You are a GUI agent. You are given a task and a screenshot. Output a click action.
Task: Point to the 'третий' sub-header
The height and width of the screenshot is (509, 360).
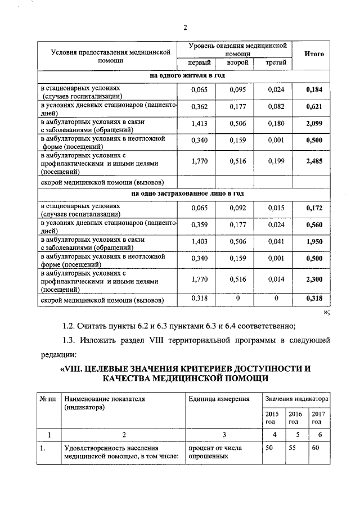pos(276,62)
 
